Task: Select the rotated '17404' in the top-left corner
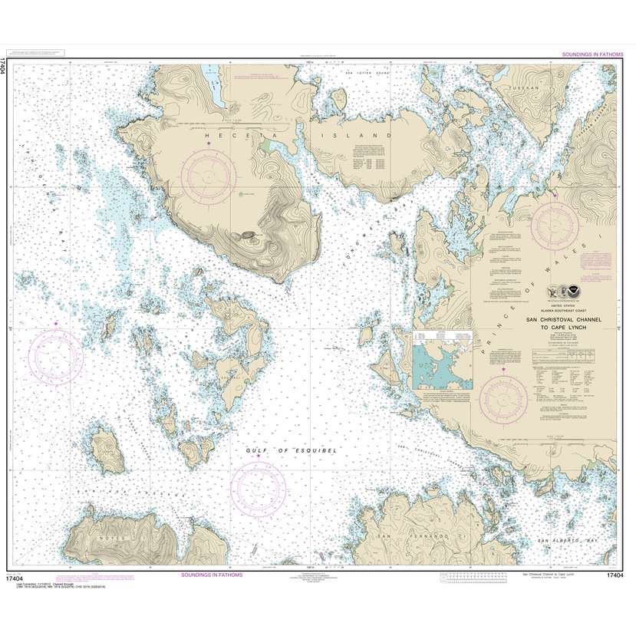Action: [x=7, y=68]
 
